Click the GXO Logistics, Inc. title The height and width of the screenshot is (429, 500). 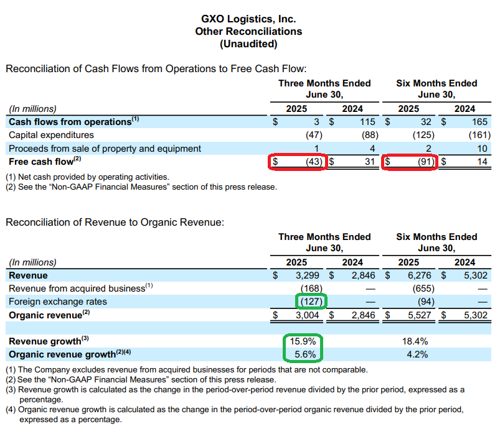(248, 19)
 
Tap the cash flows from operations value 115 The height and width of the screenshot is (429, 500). (367, 122)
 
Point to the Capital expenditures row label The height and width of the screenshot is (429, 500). (51, 135)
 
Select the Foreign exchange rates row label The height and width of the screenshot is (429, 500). (57, 302)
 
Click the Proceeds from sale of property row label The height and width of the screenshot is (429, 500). (105, 149)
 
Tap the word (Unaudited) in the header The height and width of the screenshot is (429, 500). (248, 44)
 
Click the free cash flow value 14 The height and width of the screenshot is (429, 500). (482, 162)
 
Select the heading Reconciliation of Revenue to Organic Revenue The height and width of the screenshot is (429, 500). (115, 222)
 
